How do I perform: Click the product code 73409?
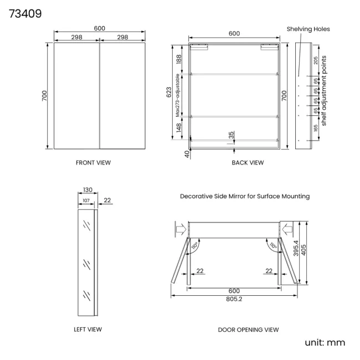(x=25, y=13)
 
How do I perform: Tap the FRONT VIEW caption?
(x=93, y=163)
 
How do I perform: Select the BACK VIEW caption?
(x=248, y=163)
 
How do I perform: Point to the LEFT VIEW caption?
(x=88, y=330)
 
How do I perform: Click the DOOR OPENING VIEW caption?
(x=248, y=330)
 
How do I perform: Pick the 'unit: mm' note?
(x=325, y=342)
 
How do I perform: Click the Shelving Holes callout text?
(x=308, y=29)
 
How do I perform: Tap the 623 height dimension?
(x=169, y=92)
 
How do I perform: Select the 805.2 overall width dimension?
(x=234, y=299)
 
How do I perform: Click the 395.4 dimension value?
(x=296, y=248)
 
